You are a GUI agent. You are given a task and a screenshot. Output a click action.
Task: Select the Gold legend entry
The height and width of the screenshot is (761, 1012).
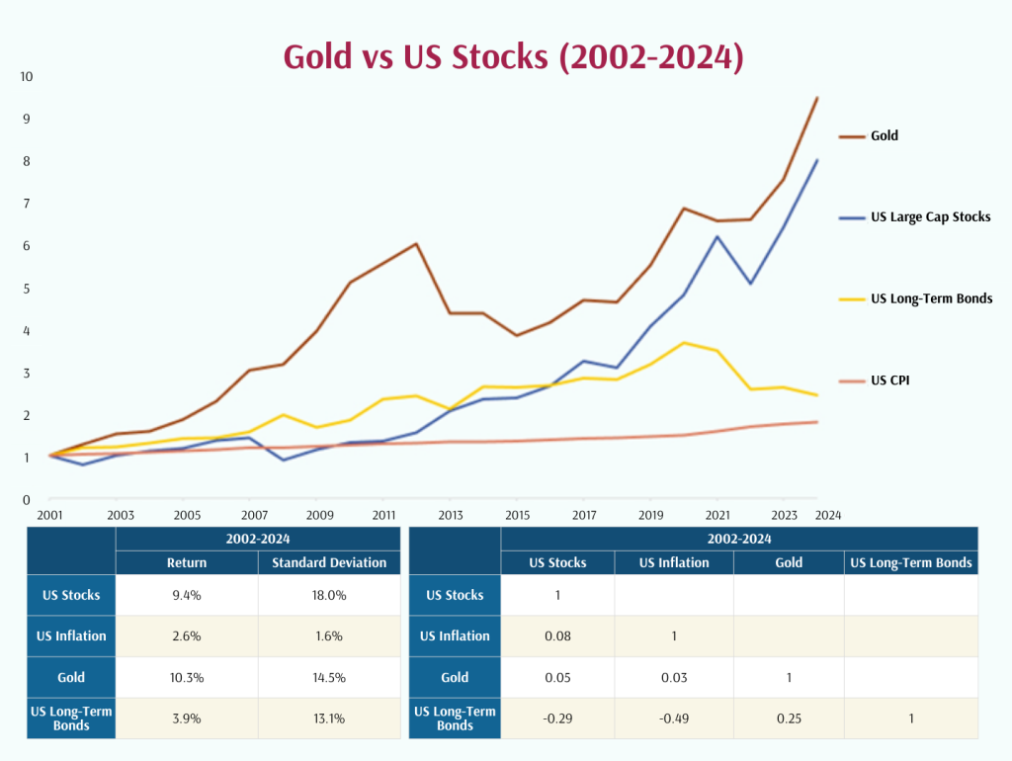tap(884, 135)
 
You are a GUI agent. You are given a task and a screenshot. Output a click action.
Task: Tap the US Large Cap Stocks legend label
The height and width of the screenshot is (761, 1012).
tap(930, 216)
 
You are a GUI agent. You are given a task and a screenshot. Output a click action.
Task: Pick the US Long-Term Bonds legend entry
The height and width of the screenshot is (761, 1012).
tap(931, 298)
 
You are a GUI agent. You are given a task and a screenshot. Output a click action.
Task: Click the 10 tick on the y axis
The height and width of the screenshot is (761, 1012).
tap(27, 76)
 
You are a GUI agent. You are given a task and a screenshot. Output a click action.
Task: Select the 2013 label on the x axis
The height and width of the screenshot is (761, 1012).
tap(450, 515)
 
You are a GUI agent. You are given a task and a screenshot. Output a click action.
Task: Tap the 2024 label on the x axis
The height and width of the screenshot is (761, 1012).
tap(828, 515)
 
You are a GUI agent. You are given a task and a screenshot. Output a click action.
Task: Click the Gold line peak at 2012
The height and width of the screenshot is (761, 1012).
tap(416, 243)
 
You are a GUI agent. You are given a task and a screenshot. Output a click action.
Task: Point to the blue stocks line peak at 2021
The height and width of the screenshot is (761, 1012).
tap(717, 236)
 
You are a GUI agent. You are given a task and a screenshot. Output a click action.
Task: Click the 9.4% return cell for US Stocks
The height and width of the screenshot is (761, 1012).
tap(187, 595)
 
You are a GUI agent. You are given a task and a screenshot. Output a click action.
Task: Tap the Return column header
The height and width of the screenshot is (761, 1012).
tap(187, 562)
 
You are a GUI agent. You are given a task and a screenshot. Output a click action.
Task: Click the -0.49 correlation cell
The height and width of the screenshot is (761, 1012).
tap(674, 719)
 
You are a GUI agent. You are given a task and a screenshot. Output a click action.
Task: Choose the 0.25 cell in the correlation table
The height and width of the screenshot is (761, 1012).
tap(788, 719)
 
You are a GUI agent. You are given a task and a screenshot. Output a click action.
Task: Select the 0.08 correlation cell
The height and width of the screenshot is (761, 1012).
tap(557, 636)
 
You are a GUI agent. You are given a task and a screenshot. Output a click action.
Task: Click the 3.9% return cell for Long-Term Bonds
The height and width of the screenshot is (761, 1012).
tap(187, 719)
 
